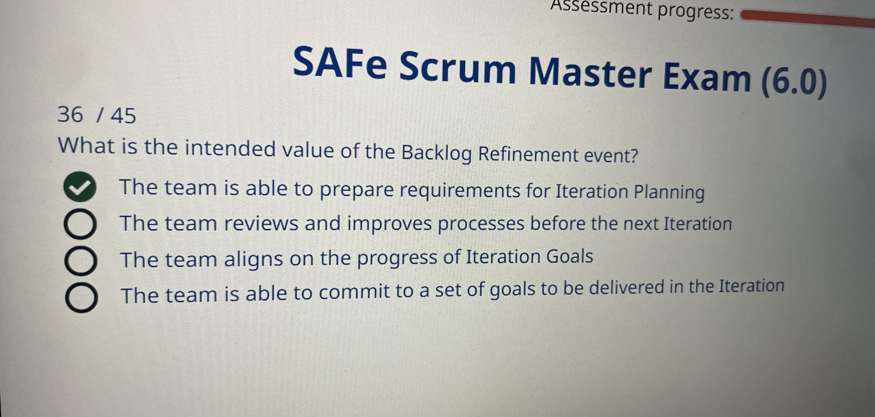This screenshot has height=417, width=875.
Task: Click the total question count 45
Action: (123, 116)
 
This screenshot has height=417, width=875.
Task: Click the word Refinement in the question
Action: (528, 155)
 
